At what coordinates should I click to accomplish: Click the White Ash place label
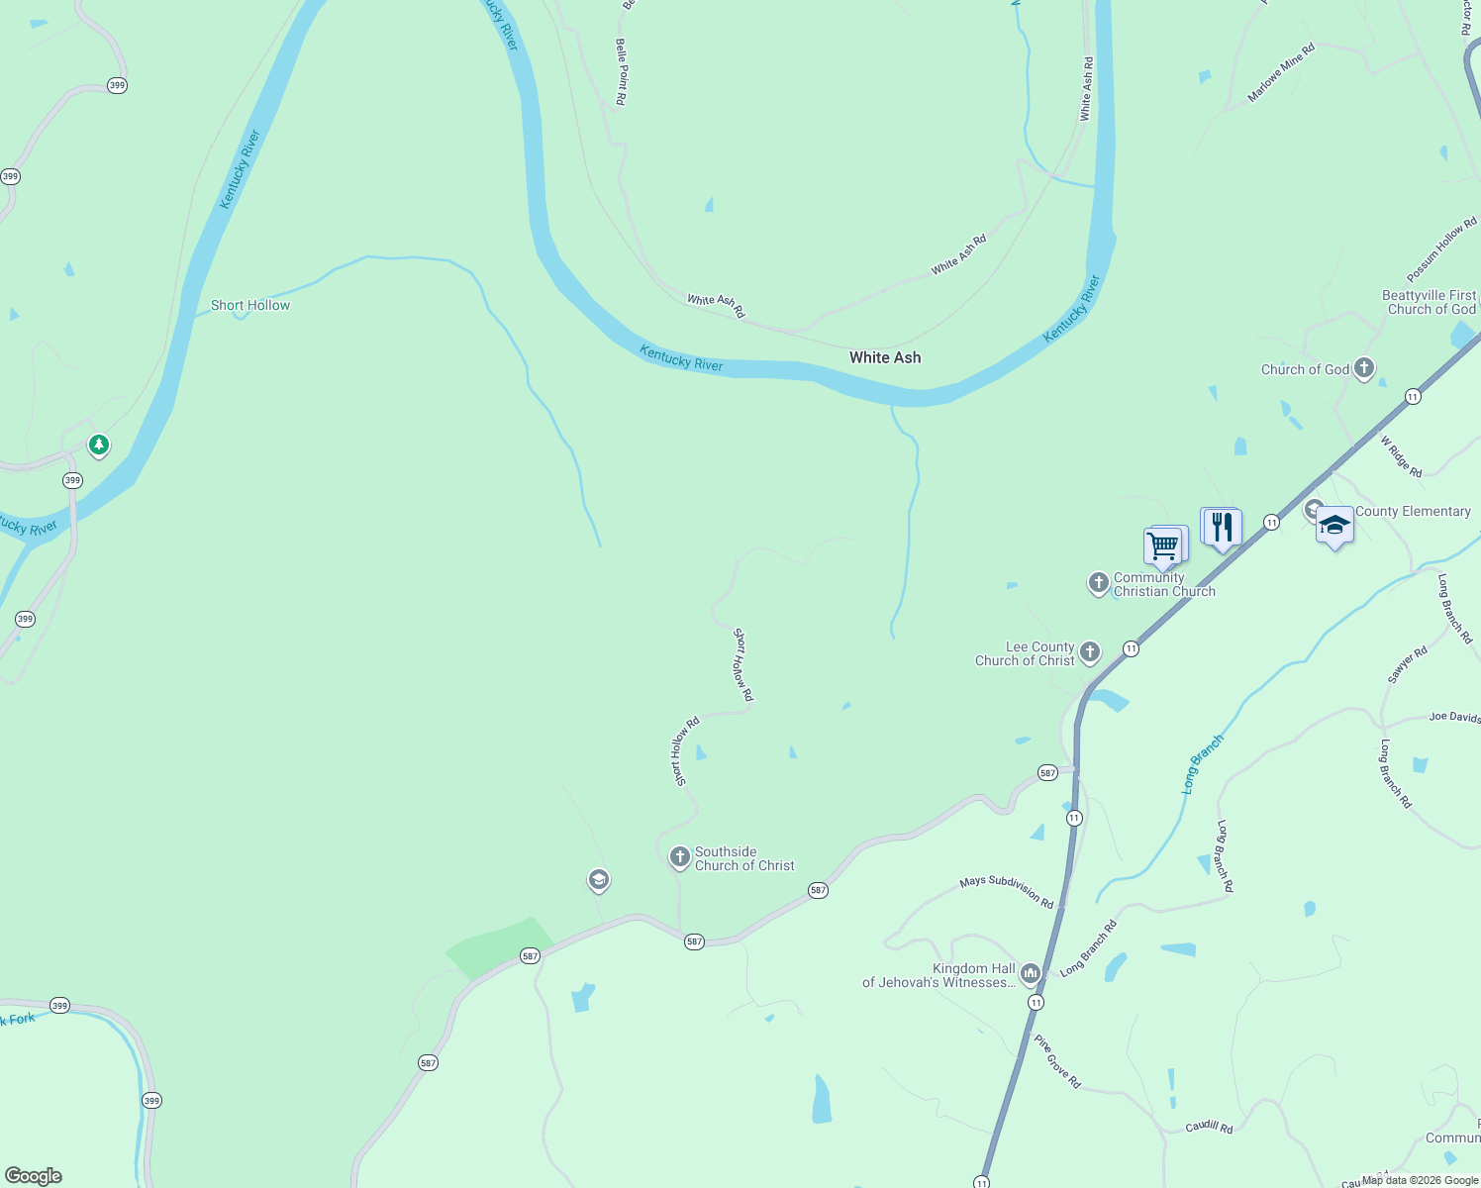click(885, 357)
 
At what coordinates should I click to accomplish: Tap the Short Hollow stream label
click(250, 305)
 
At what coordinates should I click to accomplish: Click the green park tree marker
click(98, 445)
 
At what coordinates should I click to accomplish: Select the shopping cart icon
click(1163, 544)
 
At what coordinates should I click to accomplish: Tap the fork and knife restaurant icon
click(1222, 526)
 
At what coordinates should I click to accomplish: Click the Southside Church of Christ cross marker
click(679, 856)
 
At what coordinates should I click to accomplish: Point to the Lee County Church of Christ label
click(1025, 653)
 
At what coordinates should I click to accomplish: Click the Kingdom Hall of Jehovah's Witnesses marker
click(1030, 974)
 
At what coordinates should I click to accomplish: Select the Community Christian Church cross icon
click(1098, 583)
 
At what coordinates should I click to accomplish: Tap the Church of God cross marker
click(1363, 369)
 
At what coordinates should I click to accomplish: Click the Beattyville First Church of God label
click(1429, 302)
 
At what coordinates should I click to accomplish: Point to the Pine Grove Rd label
click(1057, 1061)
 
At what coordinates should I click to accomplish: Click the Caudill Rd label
click(1209, 1127)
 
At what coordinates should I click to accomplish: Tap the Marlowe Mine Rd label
click(1280, 72)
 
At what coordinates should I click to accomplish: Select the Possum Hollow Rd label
click(1441, 249)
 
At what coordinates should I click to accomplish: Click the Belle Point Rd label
click(622, 71)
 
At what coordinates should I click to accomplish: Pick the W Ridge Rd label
click(1401, 456)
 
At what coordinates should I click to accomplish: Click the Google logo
click(34, 1176)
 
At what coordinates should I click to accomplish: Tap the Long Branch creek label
click(1203, 762)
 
